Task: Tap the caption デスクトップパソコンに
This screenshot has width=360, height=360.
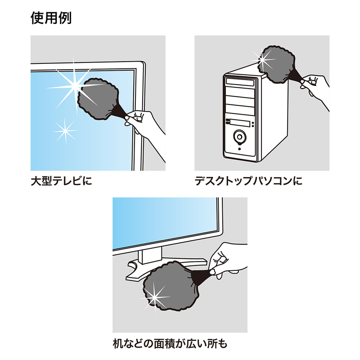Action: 248,181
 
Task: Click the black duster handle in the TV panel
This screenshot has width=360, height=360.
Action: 118,112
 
